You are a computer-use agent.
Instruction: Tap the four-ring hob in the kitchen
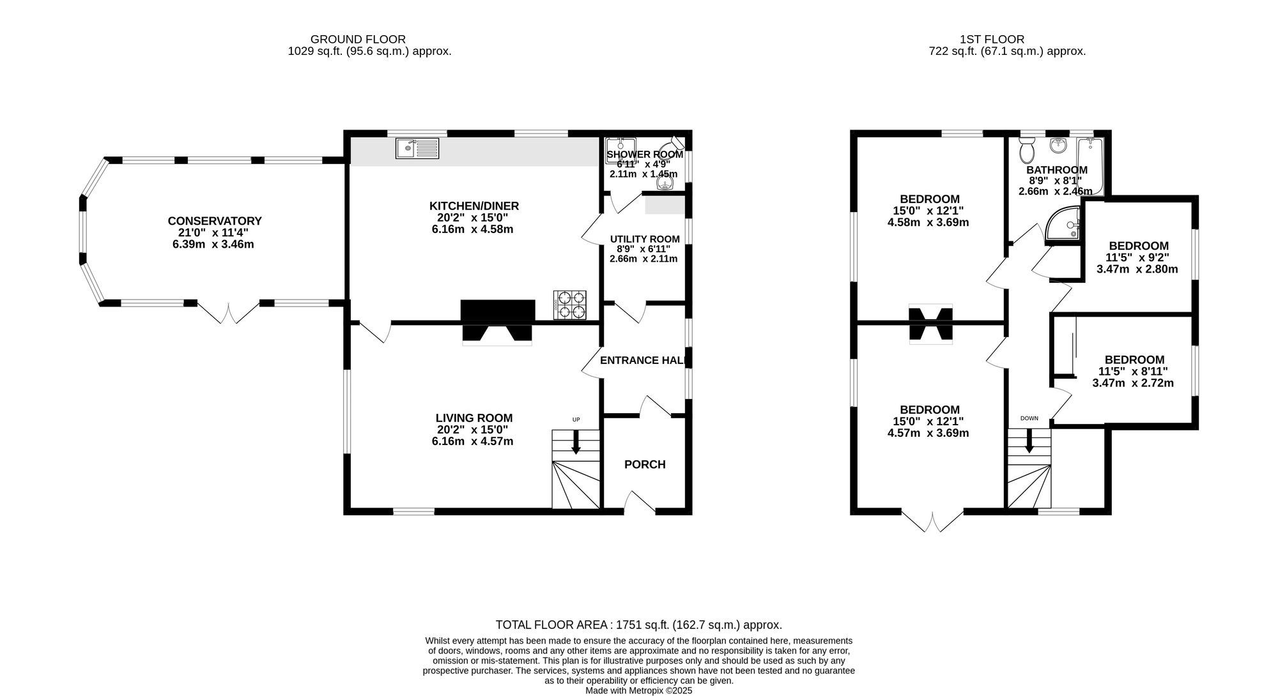pos(570,305)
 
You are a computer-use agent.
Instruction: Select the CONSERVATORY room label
pos(215,221)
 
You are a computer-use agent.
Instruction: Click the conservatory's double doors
pos(228,312)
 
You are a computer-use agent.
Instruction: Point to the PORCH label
pos(645,464)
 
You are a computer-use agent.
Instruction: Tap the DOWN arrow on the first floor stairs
pos(1029,441)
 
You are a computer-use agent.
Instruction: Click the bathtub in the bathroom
pos(1090,166)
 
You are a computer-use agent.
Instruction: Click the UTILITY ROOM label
pos(644,239)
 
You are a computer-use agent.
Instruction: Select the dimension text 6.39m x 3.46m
pos(213,244)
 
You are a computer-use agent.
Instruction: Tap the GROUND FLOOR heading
pos(357,40)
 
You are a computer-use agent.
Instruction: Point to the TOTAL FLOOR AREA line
pos(638,625)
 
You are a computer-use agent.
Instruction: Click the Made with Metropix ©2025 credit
pos(638,690)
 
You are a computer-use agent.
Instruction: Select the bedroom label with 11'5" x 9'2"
pos(1138,246)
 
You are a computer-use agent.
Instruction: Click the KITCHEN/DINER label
pos(473,206)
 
